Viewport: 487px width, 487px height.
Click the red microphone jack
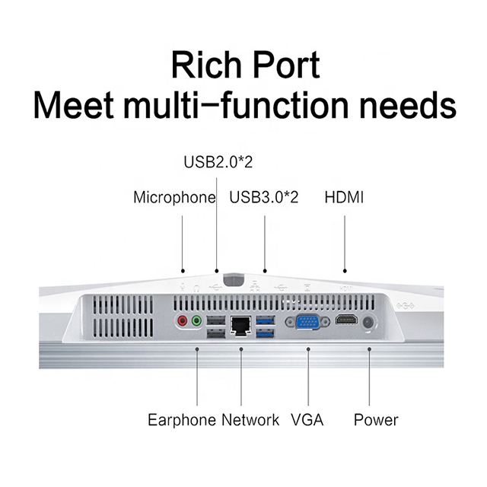[x=183, y=322]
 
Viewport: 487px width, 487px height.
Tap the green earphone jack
[x=196, y=322]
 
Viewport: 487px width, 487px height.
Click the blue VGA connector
[x=309, y=322]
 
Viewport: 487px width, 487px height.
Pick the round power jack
[x=369, y=322]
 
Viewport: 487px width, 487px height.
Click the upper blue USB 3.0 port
[x=264, y=319]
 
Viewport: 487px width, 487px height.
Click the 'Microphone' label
[x=174, y=198]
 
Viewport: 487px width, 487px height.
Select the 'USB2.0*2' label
[x=218, y=162]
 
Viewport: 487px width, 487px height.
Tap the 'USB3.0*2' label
[x=264, y=198]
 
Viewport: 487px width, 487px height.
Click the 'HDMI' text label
[x=344, y=198]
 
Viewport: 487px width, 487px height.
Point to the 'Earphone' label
[x=182, y=419]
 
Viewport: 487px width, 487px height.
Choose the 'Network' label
[x=250, y=419]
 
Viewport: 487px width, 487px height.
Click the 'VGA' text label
[x=307, y=419]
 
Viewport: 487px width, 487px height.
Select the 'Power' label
[x=376, y=419]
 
